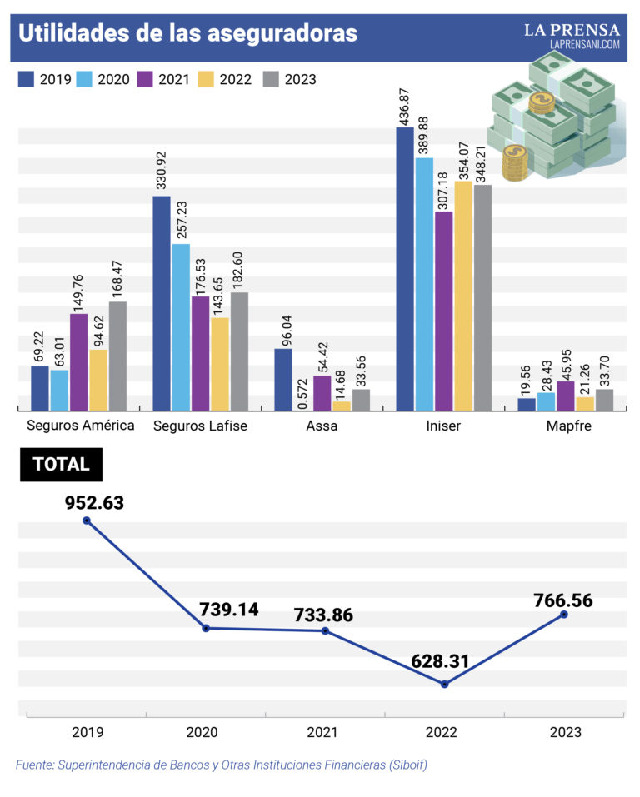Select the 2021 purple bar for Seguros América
click(x=79, y=361)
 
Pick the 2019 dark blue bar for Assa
click(x=283, y=379)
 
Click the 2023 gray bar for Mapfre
click(x=605, y=400)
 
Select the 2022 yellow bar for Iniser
click(x=463, y=296)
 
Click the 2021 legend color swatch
click(x=147, y=79)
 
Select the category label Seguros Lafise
click(x=201, y=426)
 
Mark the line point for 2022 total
click(x=445, y=684)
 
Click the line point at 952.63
click(x=87, y=521)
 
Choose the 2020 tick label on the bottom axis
click(x=202, y=732)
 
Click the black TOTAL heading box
click(x=61, y=465)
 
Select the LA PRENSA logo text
click(x=572, y=30)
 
